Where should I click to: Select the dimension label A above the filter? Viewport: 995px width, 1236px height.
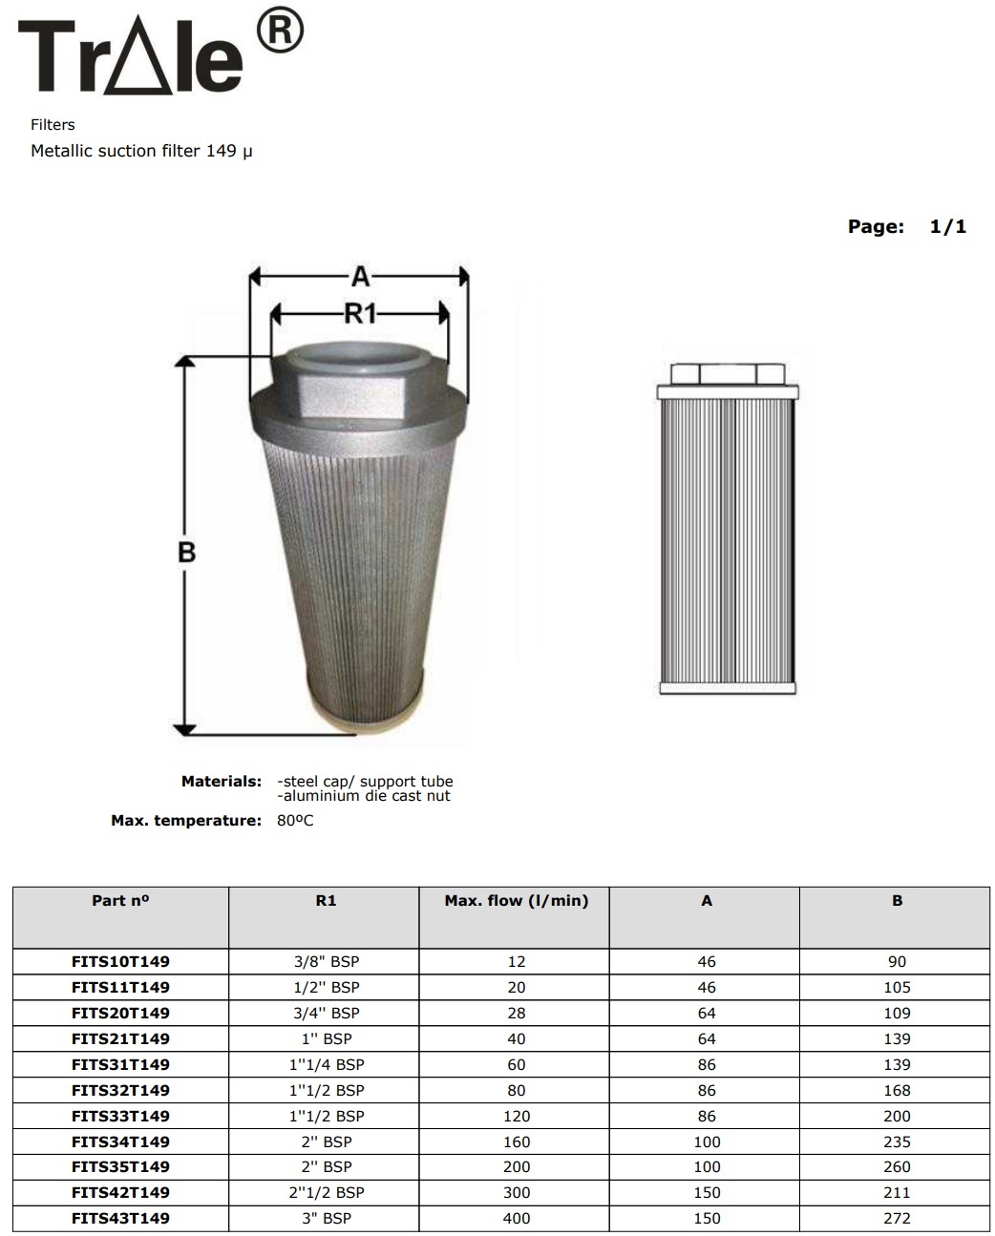coord(359,277)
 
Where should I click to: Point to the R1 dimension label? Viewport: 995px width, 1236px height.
coord(360,313)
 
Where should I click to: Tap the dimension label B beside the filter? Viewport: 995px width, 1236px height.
coord(186,552)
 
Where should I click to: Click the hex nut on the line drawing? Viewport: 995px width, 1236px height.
coord(727,371)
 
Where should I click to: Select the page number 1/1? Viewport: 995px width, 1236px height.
coord(947,226)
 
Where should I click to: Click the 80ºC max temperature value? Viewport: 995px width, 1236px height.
coord(295,821)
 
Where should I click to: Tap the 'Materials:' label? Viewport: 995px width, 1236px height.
coord(221,782)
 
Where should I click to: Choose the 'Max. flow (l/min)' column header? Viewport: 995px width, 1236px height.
coord(516,900)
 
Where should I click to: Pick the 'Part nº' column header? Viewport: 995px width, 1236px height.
coord(120,900)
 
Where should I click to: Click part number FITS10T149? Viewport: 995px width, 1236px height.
coord(120,961)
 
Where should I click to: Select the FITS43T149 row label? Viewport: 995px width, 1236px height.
coord(120,1218)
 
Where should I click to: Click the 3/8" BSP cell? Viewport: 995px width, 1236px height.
coord(326,961)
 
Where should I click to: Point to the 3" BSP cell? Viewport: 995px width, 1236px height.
coord(326,1218)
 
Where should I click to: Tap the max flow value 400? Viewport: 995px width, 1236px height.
coord(516,1218)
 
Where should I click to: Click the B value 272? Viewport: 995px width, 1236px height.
coord(897,1218)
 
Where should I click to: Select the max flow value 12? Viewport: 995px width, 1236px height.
coord(516,961)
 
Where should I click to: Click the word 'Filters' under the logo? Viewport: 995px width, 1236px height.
coord(53,125)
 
